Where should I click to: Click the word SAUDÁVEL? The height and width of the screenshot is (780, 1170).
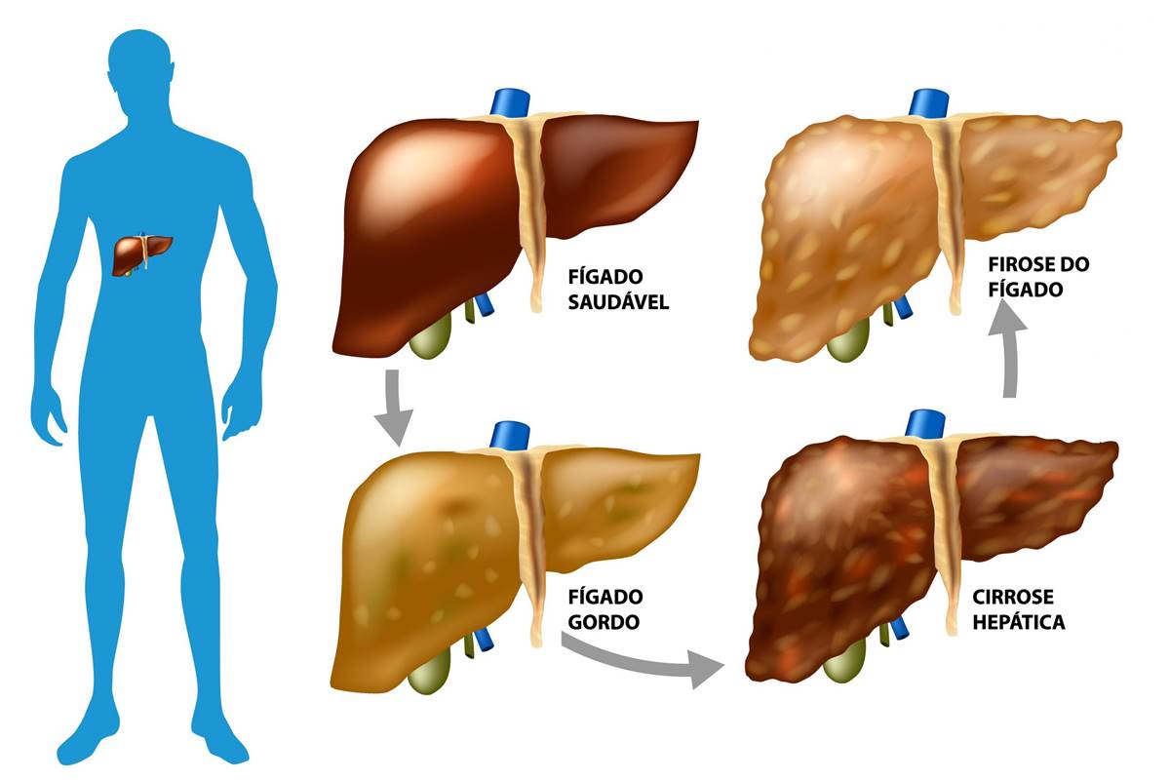pos(618,302)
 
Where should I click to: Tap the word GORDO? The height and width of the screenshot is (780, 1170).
pos(604,622)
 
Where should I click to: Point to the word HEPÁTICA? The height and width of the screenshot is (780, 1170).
pos(1019,622)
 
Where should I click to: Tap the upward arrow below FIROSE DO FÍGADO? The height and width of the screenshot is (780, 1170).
pos(1009,350)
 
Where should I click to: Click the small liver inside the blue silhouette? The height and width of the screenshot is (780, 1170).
pos(141,253)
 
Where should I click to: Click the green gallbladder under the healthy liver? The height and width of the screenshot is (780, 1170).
pos(430,337)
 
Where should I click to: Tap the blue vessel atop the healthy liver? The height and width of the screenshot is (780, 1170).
pos(510,103)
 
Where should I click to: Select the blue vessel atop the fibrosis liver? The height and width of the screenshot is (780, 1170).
pos(928,103)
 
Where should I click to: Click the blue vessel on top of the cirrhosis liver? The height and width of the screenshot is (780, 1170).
pos(925,424)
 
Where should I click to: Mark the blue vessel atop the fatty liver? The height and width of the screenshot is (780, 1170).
pos(510,435)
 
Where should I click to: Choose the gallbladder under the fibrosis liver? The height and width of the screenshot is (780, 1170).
pos(848,340)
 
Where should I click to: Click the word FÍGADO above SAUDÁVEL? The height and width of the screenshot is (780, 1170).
pos(605,276)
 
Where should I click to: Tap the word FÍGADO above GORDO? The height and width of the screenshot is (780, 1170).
pos(605,597)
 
